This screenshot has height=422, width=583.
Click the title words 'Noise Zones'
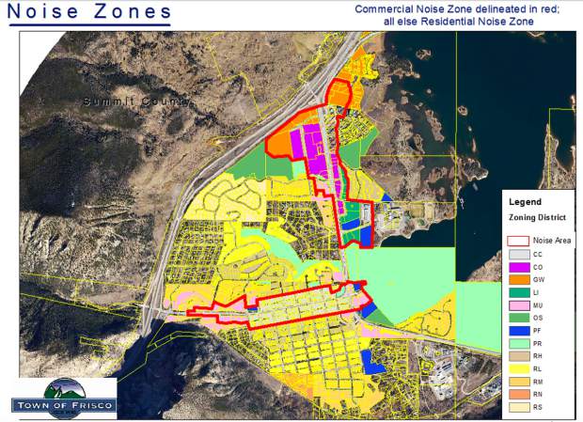(x=90, y=12)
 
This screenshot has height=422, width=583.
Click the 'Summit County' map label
(x=136, y=101)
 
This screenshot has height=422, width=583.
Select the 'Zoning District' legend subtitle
(x=537, y=217)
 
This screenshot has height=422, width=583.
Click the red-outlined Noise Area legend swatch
(x=518, y=241)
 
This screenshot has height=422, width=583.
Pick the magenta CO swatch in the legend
(x=518, y=269)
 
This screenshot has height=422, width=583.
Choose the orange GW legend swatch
(x=518, y=281)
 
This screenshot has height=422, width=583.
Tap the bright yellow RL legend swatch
(x=518, y=370)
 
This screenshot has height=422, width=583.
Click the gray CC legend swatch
(x=518, y=255)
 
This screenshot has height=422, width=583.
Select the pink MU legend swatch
(x=518, y=306)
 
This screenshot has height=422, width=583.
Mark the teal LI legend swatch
(x=518, y=294)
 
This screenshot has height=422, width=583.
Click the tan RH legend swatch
(x=518, y=357)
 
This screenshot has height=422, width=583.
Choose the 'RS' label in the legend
(x=538, y=408)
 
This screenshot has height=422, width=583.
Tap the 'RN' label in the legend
(x=538, y=395)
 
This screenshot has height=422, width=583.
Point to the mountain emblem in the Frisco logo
(x=62, y=389)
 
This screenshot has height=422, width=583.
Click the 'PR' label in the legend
(x=538, y=344)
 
